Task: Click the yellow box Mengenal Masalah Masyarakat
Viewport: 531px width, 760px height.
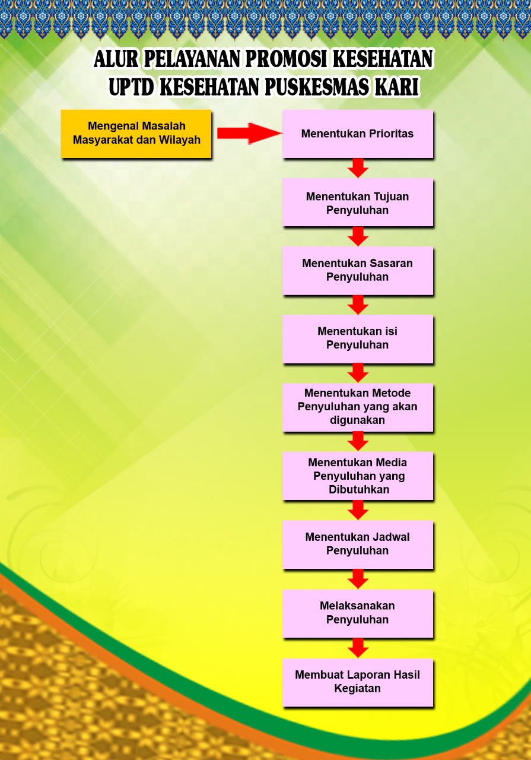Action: tap(136, 134)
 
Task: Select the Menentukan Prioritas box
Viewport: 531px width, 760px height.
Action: tap(357, 134)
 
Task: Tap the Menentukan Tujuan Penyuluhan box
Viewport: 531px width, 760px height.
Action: tap(357, 202)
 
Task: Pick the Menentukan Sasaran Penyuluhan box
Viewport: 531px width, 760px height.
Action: tap(357, 270)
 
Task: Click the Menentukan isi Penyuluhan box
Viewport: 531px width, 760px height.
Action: tap(357, 338)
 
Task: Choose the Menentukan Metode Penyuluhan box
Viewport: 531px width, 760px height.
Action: tap(357, 407)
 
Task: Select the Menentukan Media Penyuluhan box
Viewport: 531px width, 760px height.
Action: tap(357, 476)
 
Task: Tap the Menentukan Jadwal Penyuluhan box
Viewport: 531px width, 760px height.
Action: tap(357, 544)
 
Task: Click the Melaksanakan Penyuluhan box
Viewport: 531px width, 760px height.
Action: tap(357, 613)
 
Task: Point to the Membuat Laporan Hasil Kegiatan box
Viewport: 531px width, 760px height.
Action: tap(357, 682)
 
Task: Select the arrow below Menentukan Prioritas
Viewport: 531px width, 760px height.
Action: tap(358, 167)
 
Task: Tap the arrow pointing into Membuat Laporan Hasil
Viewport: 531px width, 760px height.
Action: tap(358, 648)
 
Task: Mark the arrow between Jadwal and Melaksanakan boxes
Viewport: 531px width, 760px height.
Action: tap(358, 578)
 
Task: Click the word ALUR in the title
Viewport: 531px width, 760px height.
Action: tap(116, 59)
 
